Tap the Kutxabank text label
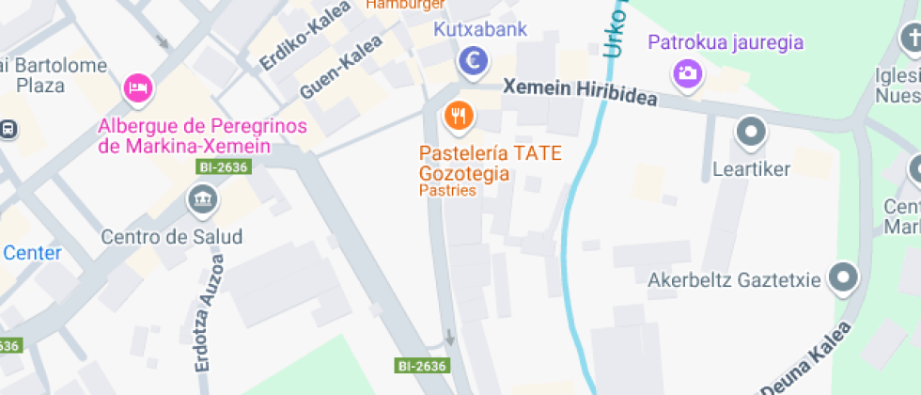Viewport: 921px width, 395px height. coord(480,29)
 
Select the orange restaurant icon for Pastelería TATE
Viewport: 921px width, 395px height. coord(459,116)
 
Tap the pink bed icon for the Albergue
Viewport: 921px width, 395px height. coord(139,89)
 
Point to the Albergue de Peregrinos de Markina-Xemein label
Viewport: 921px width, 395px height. coord(184,135)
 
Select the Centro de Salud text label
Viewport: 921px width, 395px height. coord(172,236)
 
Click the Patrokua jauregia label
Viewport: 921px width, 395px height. coord(726,41)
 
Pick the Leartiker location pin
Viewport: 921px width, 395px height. coord(751,133)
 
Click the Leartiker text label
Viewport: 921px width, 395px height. coord(752,169)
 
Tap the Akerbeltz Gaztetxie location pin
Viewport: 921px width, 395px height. coord(843,277)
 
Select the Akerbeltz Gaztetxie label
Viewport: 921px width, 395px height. coord(735,279)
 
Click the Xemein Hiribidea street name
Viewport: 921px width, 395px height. coord(580,93)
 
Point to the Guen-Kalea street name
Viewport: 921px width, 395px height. coord(340,68)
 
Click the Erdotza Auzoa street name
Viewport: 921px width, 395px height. coord(209,314)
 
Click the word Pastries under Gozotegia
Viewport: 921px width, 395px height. coord(447,191)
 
